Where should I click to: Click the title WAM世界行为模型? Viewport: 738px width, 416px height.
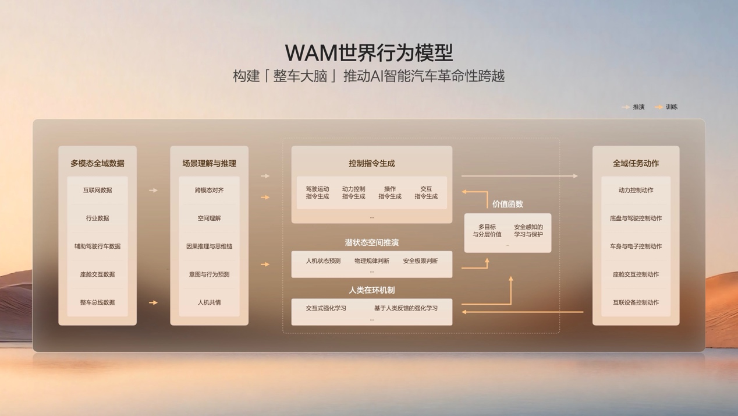(368, 53)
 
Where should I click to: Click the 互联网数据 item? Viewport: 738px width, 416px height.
(98, 190)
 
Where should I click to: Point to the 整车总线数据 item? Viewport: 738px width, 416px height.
(98, 302)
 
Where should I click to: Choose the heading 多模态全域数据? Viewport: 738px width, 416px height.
(98, 163)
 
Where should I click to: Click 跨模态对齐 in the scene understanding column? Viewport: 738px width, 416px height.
(209, 190)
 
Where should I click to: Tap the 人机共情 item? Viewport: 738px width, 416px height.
(209, 302)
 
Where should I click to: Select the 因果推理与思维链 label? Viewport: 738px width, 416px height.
(209, 246)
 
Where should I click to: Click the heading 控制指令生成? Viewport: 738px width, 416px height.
(372, 163)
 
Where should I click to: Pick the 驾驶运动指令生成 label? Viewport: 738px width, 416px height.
(317, 193)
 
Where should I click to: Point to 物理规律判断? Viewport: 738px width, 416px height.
(372, 261)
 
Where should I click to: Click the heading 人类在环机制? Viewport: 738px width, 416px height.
(372, 290)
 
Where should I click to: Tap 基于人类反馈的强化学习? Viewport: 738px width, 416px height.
(406, 308)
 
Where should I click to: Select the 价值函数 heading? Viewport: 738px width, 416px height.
(508, 204)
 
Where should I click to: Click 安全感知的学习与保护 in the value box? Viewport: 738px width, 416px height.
(528, 231)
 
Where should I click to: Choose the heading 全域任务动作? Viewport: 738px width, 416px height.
(636, 163)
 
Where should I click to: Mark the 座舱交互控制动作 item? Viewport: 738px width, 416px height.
(636, 274)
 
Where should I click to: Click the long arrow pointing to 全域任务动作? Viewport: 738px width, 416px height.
(520, 176)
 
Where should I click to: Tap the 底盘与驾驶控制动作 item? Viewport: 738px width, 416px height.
(636, 218)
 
